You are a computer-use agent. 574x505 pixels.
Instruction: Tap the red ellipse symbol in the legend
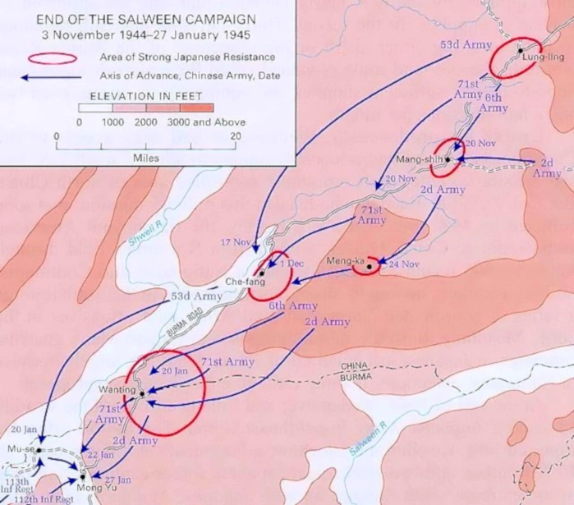(x=54, y=58)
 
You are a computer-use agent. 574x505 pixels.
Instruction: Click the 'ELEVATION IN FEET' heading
(x=146, y=95)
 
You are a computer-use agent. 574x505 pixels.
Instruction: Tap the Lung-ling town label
(x=538, y=56)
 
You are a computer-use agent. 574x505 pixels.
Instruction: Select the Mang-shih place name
(x=416, y=158)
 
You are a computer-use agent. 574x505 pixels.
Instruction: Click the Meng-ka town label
(x=344, y=261)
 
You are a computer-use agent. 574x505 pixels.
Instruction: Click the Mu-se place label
(x=19, y=450)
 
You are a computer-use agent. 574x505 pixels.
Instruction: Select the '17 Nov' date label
(x=235, y=242)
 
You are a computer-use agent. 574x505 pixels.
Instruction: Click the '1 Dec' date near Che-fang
(x=292, y=264)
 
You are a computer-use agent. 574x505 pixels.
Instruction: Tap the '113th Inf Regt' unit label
(x=17, y=486)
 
